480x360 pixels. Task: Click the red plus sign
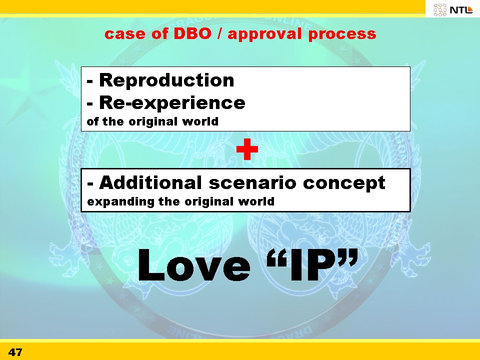coord(247,149)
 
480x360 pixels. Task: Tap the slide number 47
coord(15,352)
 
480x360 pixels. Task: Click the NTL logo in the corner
coord(453,9)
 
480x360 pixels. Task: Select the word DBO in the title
coord(192,33)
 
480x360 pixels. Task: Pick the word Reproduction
coord(166,80)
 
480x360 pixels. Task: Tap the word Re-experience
coord(172,102)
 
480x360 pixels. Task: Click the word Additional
coord(150,182)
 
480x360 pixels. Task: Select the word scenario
coord(252,183)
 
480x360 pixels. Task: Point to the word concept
coord(344,184)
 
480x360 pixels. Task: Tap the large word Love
coord(194,265)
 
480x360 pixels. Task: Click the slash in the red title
coord(219,34)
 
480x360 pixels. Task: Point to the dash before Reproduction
coord(89,81)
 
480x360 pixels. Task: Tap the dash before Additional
coord(90,184)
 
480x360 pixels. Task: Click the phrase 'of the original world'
coord(152,121)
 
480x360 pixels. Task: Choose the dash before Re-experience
coord(89,104)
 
